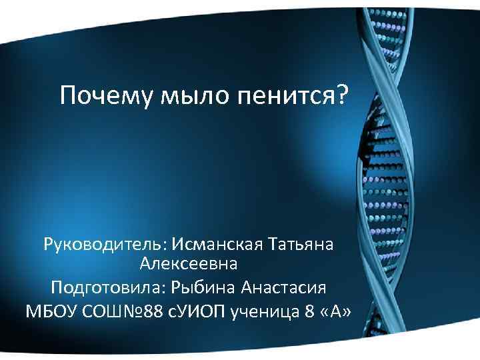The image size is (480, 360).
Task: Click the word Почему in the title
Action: click(x=107, y=97)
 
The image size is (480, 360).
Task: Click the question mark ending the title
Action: click(x=341, y=97)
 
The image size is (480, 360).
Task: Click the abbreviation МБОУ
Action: click(x=51, y=311)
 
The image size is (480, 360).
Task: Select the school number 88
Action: click(x=152, y=311)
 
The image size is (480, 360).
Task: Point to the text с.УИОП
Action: click(x=195, y=311)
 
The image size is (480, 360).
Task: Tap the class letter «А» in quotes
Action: click(x=334, y=311)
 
